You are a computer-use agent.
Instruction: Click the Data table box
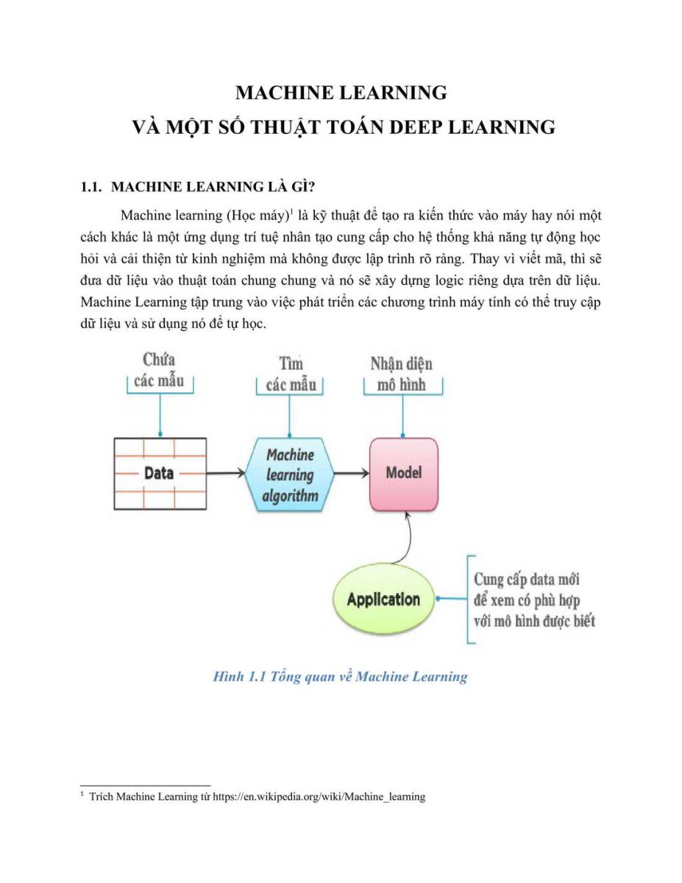click(160, 473)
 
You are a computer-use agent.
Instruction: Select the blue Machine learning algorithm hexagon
click(290, 474)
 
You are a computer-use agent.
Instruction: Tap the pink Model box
click(404, 474)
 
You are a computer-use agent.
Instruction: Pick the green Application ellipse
click(383, 599)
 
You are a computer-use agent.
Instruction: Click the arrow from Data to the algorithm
click(226, 473)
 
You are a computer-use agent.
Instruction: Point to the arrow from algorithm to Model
click(352, 473)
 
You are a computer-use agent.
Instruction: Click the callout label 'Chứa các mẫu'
click(159, 370)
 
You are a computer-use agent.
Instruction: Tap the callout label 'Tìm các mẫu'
click(291, 374)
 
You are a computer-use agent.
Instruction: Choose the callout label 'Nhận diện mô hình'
click(401, 374)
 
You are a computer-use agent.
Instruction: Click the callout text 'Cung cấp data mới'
click(527, 580)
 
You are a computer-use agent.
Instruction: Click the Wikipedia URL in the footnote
click(319, 796)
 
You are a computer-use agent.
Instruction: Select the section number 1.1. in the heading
click(91, 187)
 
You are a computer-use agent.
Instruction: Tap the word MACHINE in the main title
click(283, 93)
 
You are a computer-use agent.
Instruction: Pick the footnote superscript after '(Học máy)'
click(291, 211)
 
